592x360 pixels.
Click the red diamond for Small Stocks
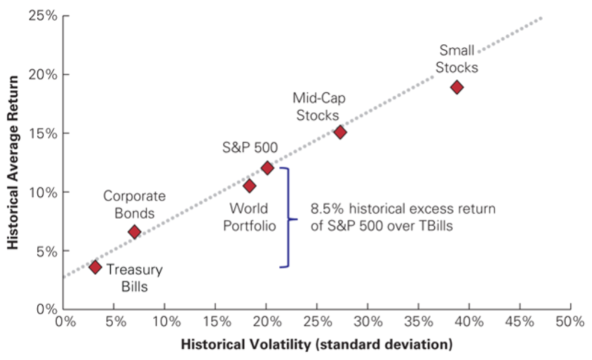(456, 87)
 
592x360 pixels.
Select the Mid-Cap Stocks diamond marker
(340, 132)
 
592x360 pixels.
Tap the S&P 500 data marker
(267, 168)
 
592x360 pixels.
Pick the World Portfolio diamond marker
(249, 186)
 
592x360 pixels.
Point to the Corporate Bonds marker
(134, 232)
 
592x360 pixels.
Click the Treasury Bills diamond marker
(95, 267)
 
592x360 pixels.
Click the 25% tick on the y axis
(43, 16)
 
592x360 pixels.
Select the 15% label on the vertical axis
(43, 134)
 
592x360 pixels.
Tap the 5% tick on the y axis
(46, 251)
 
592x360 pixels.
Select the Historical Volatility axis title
(317, 345)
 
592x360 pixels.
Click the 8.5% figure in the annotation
(325, 209)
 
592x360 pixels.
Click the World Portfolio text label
(252, 218)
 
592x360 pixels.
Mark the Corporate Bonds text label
(134, 204)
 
